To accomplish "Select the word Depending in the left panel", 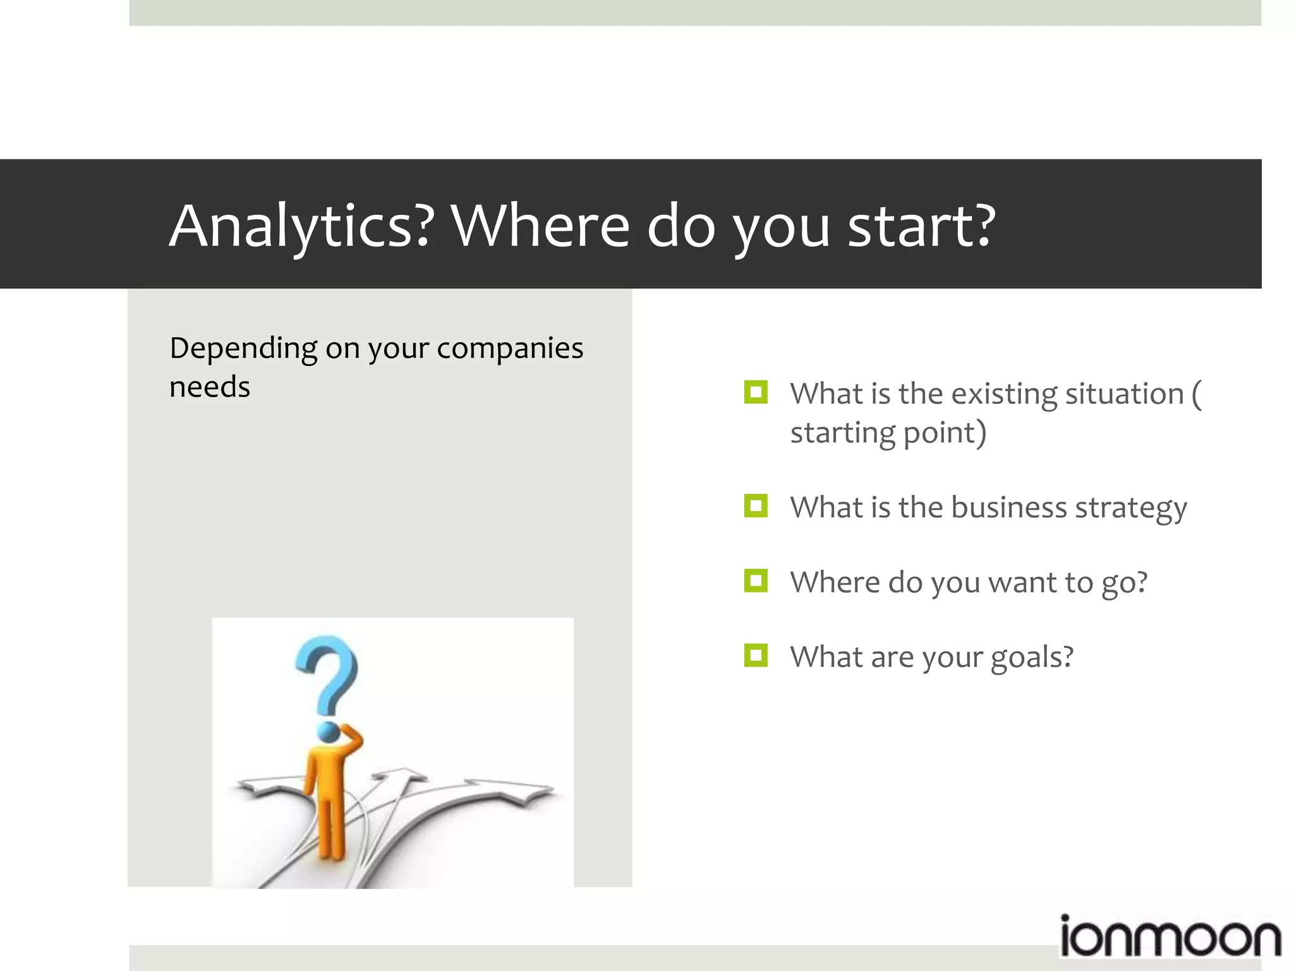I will click(x=243, y=349).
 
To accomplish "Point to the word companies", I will click(x=510, y=349).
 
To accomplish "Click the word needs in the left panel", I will click(x=210, y=387).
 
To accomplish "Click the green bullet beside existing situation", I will click(x=756, y=393).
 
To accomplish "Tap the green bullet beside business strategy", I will click(x=756, y=506).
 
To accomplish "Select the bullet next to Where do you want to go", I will click(x=756, y=581).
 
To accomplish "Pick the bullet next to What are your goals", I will click(x=756, y=656).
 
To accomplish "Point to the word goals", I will click(x=1031, y=657).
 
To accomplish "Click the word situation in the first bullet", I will click(x=1124, y=394).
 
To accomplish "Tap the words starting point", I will click(x=888, y=434).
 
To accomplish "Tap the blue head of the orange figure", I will click(x=329, y=732).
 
